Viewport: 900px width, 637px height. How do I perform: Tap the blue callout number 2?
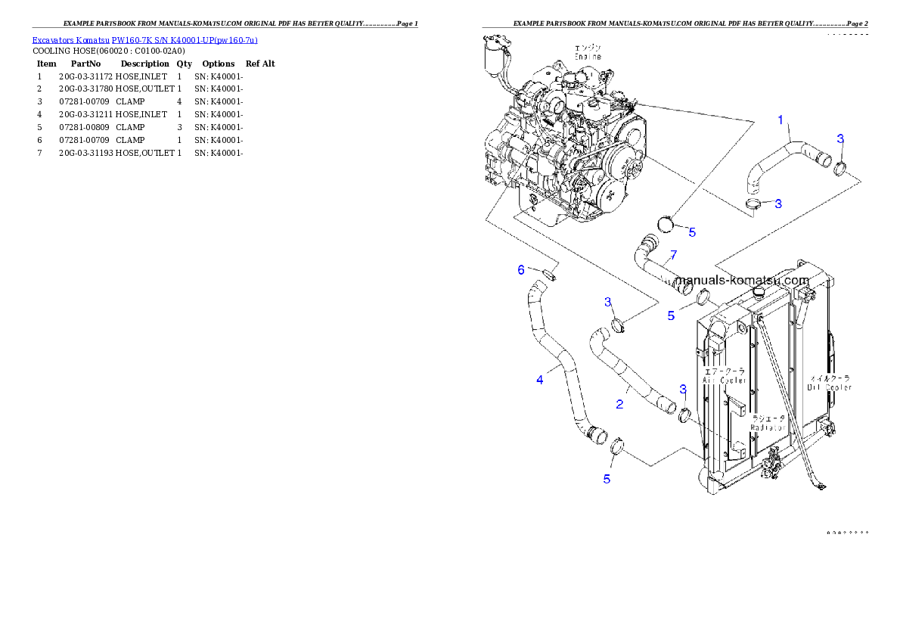619,404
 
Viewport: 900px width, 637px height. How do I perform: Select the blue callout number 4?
539,380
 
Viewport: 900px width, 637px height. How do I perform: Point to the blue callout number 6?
520,269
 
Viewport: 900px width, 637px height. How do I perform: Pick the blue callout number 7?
673,254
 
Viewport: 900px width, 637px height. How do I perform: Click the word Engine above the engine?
588,57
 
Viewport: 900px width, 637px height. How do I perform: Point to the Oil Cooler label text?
830,383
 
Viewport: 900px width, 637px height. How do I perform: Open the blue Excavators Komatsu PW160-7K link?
144,40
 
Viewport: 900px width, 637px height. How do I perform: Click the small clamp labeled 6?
550,273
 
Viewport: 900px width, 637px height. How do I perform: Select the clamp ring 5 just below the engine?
665,224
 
